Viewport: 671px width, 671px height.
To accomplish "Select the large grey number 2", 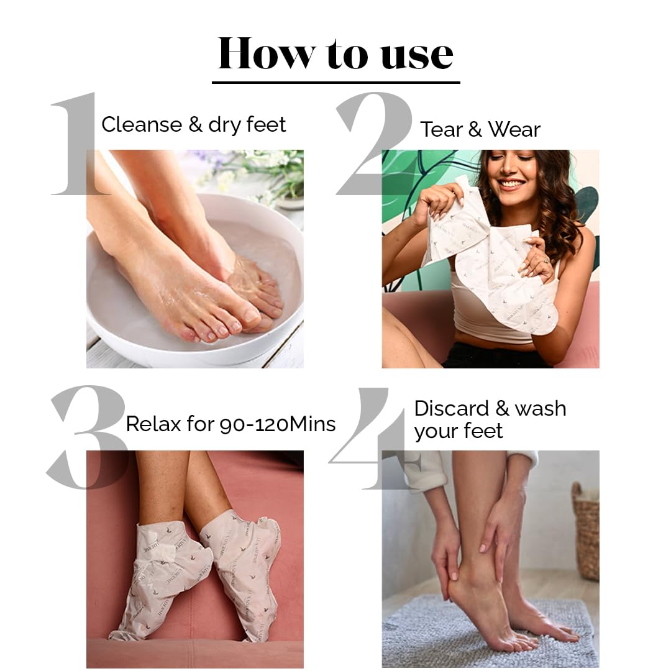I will click(x=373, y=143).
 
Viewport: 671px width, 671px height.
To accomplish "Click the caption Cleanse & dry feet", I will click(x=193, y=124).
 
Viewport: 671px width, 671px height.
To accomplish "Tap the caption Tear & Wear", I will click(x=480, y=129).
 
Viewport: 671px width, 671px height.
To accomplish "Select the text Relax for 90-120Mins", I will click(x=231, y=424).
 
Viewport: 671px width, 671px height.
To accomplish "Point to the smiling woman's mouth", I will click(x=512, y=184).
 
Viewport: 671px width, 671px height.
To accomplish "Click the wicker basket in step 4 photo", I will click(x=585, y=528).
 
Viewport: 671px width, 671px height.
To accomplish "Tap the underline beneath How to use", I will click(x=335, y=81).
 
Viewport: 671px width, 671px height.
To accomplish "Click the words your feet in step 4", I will click(x=459, y=431).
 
